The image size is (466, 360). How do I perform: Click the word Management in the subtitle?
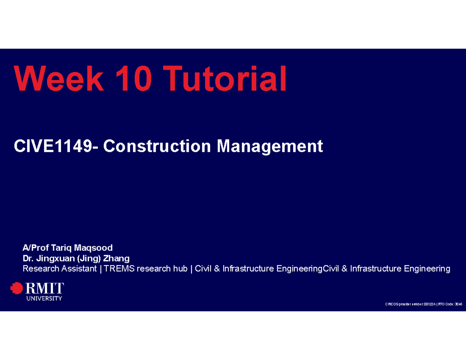pyautogui.click(x=270, y=146)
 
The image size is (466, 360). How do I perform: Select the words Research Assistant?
pyautogui.click(x=59, y=268)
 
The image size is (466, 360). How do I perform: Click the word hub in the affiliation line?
pyautogui.click(x=180, y=268)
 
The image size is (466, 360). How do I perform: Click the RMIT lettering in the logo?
pyautogui.click(x=45, y=288)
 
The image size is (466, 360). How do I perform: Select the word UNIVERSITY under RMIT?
pyautogui.click(x=44, y=298)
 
